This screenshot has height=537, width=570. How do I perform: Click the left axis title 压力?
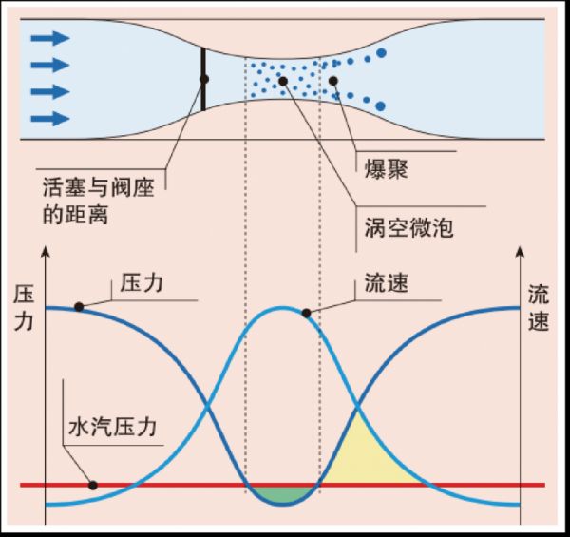pos(24,310)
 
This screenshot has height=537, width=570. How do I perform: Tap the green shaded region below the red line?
pos(282,492)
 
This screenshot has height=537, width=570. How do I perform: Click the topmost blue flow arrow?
pos(49,38)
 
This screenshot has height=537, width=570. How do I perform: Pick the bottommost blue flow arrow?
pos(49,118)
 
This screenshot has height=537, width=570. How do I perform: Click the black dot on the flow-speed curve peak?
pos(306,312)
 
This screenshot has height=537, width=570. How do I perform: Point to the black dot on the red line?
pos(93,485)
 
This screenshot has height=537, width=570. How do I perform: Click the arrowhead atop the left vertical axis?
pos(45,255)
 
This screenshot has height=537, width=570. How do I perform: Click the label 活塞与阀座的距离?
pos(103,198)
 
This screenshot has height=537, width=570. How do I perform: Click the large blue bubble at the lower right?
pos(381,105)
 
